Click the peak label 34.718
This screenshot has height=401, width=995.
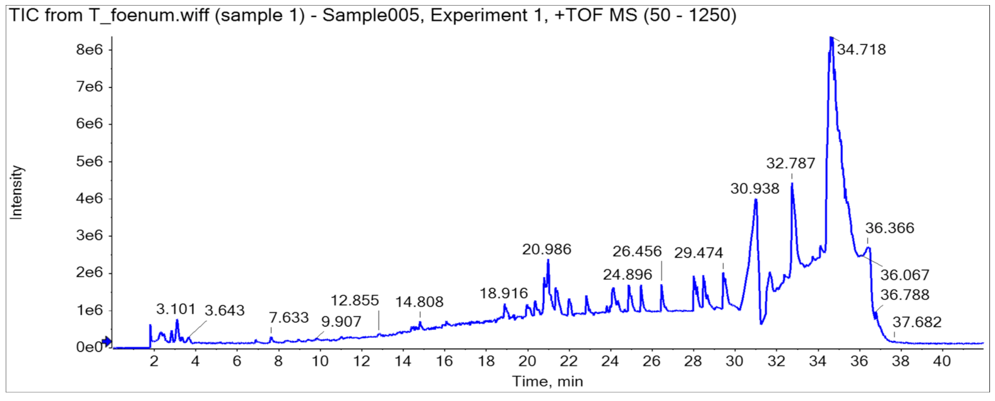(861, 49)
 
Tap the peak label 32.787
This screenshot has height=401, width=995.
(790, 163)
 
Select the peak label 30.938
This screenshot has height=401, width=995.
(754, 188)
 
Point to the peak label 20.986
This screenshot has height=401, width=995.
(546, 249)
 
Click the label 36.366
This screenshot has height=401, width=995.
(890, 228)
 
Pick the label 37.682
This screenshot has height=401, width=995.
(917, 322)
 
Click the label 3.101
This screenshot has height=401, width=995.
(176, 309)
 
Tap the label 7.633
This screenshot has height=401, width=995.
(289, 317)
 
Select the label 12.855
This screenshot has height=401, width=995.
(355, 300)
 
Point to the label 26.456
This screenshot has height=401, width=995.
(637, 251)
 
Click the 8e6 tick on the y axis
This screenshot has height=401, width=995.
(89, 49)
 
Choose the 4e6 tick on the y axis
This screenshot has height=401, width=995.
(89, 198)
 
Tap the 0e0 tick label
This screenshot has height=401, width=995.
(89, 347)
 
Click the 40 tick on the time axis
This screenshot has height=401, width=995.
(941, 361)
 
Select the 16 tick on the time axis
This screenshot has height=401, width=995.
(444, 361)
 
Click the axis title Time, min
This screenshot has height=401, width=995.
(547, 381)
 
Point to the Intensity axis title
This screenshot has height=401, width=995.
(16, 193)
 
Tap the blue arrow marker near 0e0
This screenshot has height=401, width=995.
(107, 342)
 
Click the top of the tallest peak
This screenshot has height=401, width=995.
(831, 38)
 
